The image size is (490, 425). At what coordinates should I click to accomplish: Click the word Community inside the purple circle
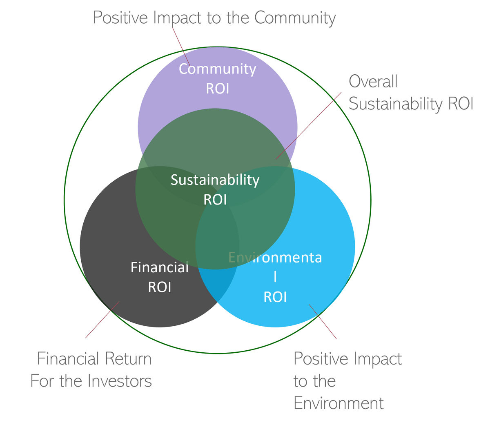(217, 69)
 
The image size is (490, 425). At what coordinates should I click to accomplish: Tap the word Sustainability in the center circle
(215, 180)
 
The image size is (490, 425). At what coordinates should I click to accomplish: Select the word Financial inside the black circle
(159, 267)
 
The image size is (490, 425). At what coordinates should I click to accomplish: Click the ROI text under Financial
(159, 287)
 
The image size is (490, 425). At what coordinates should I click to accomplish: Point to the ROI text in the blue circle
(275, 297)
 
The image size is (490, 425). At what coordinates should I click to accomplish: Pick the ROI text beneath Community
(217, 89)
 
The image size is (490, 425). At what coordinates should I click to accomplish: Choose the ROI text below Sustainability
(215, 200)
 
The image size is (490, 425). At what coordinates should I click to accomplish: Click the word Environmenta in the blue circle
(275, 258)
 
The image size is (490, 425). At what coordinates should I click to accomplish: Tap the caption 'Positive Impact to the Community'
(214, 18)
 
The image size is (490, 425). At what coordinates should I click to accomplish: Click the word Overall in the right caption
(373, 82)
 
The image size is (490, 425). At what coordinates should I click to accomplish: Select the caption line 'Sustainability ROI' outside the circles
(411, 104)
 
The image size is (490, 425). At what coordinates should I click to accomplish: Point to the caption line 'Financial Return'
(95, 359)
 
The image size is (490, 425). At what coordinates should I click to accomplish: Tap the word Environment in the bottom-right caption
(339, 403)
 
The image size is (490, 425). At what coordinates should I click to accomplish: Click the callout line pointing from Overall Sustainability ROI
(309, 125)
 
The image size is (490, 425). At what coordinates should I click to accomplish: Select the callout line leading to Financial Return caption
(102, 320)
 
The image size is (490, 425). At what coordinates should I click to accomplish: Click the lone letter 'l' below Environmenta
(275, 277)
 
